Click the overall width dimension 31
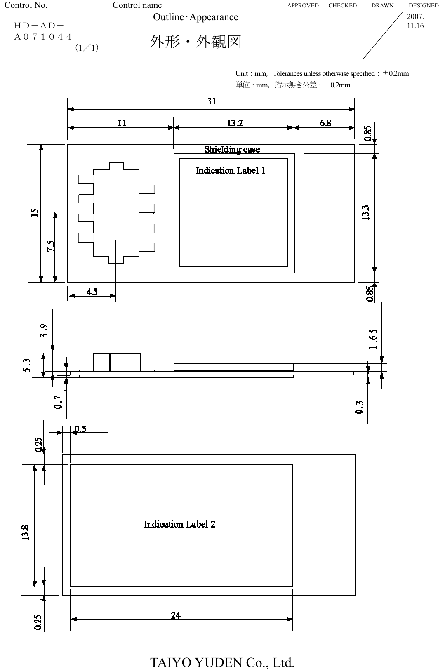211,101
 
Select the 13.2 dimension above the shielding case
235,123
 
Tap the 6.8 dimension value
325,123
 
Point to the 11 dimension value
122,123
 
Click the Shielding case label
232,149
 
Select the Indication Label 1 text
230,170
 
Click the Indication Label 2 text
179,524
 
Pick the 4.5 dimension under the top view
92,292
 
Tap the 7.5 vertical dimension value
50,247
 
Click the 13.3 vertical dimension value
366,213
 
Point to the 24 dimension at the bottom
176,615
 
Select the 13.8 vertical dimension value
26,532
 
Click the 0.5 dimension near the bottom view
80,429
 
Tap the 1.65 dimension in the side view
373,339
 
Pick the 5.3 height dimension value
26,365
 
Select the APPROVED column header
303,5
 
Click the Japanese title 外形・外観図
195,42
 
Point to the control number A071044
43,37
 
